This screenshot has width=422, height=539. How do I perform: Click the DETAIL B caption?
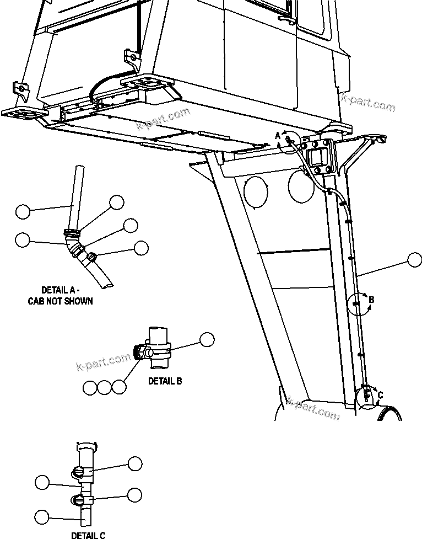(x=165, y=381)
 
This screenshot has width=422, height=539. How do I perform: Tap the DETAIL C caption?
(x=88, y=535)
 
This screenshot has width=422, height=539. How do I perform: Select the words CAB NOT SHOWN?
(x=60, y=301)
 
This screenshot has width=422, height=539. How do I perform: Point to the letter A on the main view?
(x=278, y=136)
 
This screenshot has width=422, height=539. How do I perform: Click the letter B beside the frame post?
(x=371, y=300)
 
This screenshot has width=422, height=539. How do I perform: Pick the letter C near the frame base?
(x=380, y=395)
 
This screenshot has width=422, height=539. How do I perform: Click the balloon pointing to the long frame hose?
(x=414, y=260)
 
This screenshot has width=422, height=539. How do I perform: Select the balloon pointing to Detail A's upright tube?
(x=23, y=211)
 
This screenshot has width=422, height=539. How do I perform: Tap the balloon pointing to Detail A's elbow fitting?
(x=23, y=239)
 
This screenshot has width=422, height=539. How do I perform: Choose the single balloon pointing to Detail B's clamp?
(x=207, y=340)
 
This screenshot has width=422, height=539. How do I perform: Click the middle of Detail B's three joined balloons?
(x=104, y=387)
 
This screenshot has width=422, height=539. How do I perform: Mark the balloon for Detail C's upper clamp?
(x=135, y=463)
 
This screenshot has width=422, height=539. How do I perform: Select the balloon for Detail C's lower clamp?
(x=135, y=494)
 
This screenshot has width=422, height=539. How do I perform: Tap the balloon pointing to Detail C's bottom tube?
(x=41, y=517)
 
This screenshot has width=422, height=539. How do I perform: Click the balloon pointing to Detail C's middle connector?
(x=41, y=482)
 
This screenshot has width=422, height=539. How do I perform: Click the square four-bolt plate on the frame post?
(x=318, y=156)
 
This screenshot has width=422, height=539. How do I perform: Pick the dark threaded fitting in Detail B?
(x=139, y=352)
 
